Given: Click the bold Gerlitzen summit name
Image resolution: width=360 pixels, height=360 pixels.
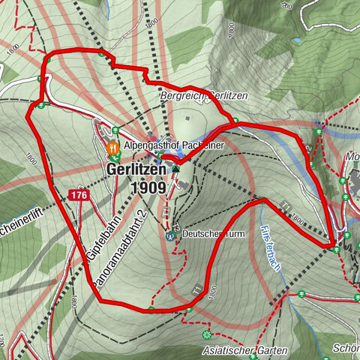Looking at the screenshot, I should point(133,170).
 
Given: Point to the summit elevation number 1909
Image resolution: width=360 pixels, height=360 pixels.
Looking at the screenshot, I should point(147,187).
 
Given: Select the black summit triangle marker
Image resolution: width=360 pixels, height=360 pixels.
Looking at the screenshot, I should point(175,169).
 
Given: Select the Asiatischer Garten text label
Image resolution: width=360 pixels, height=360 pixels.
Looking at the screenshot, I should point(244,350).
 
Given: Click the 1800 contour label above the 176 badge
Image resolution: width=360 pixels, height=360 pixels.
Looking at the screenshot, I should point(31,158).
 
